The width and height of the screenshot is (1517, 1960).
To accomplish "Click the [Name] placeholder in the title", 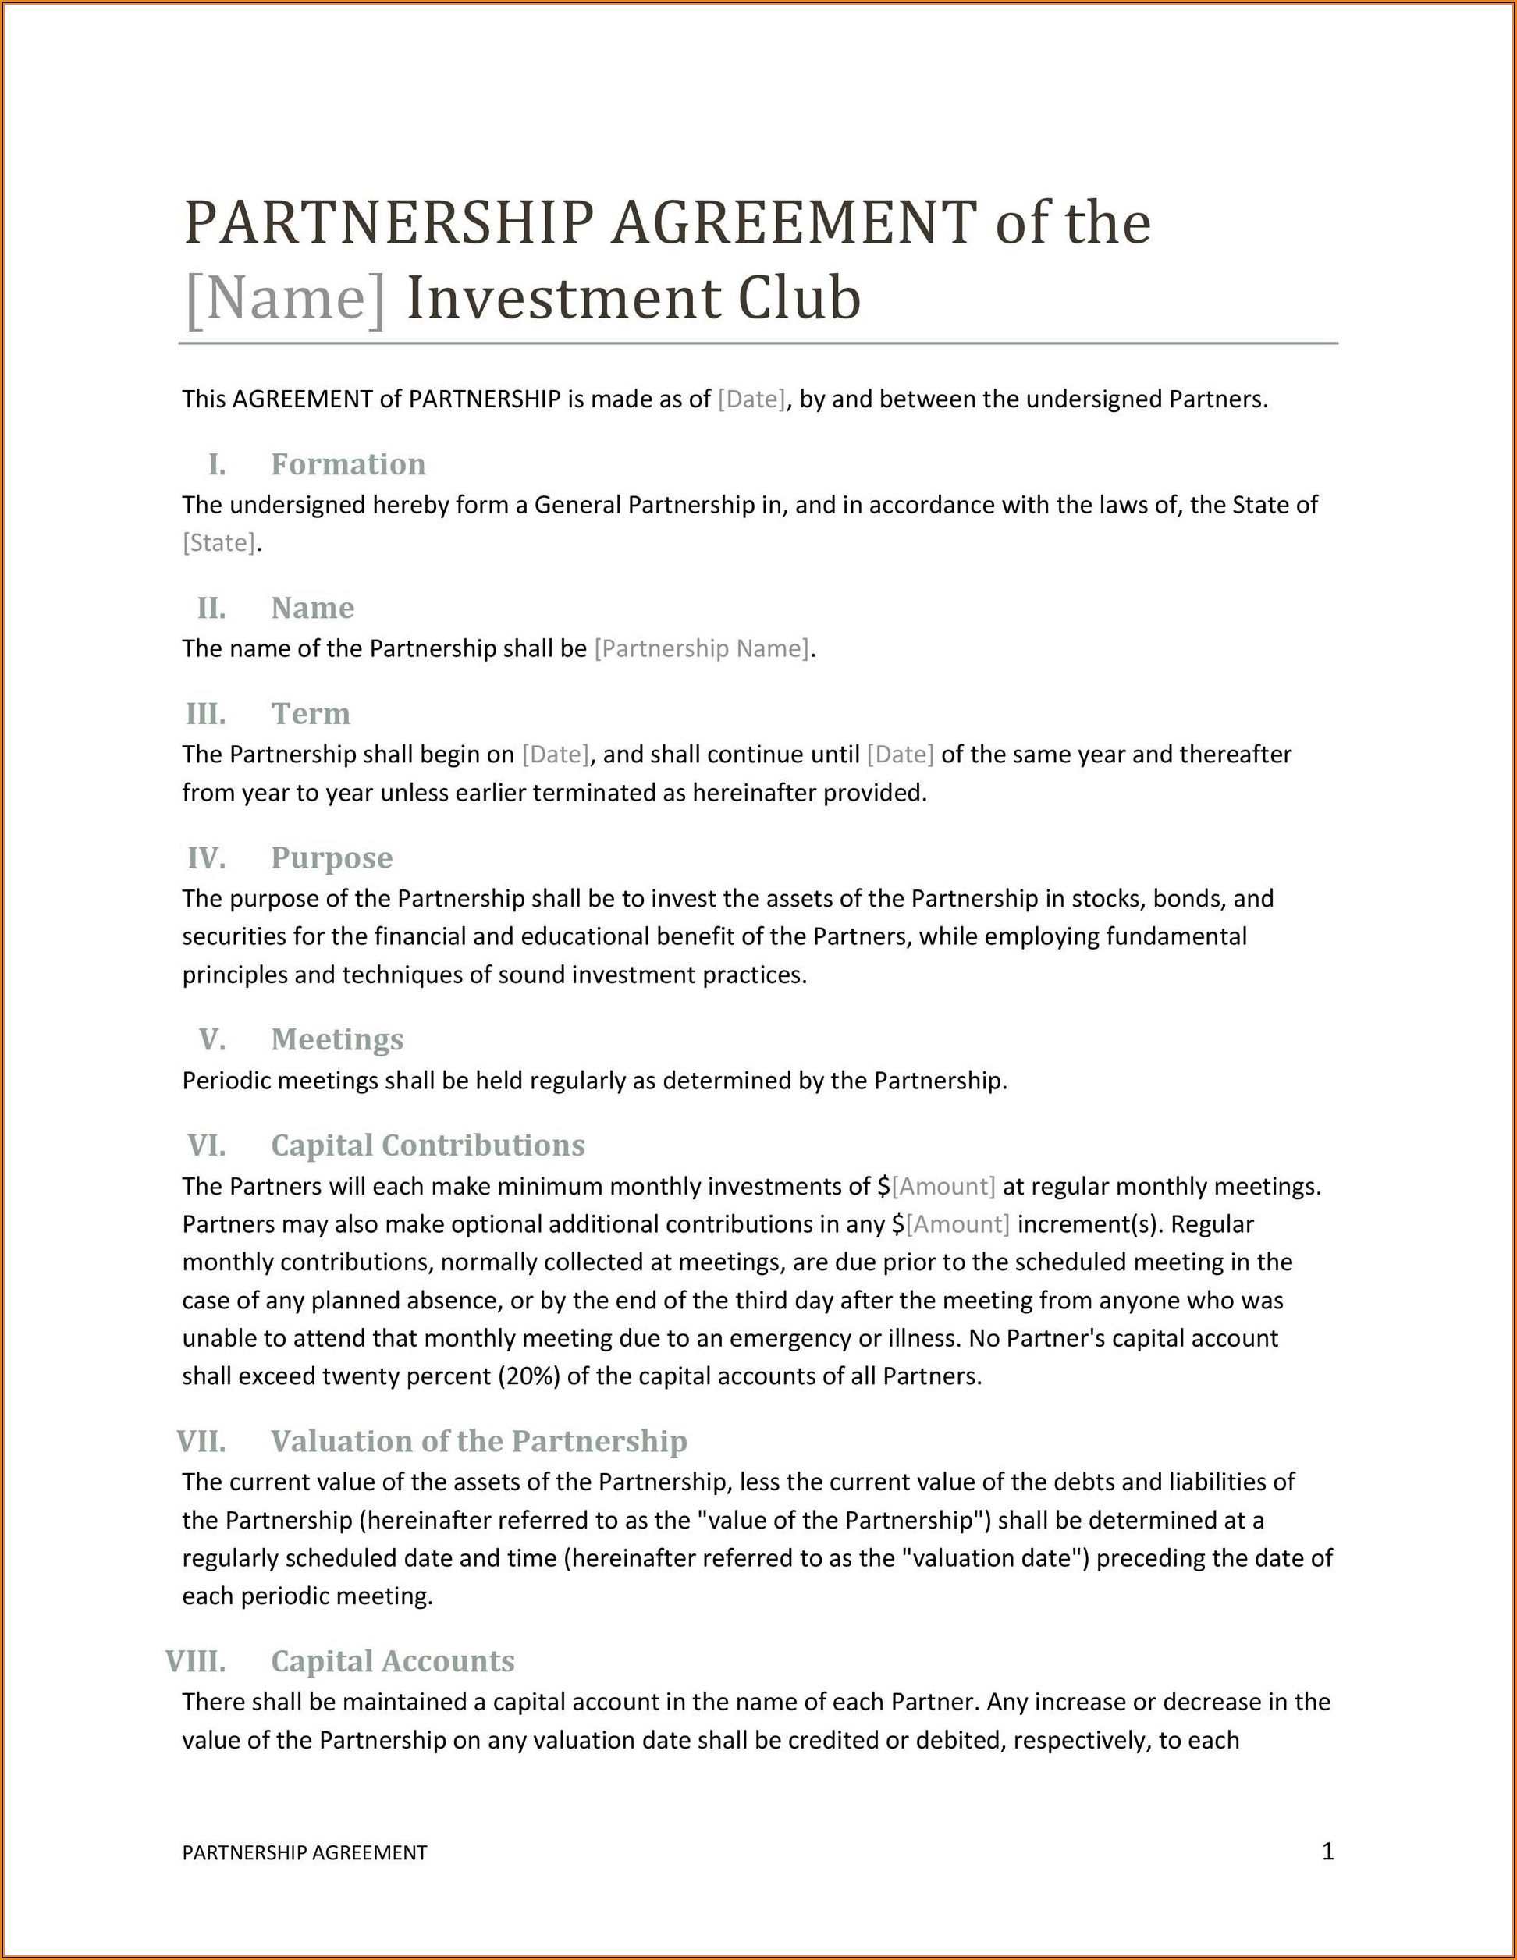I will tap(285, 299).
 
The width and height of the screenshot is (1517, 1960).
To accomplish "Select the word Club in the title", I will tap(799, 298).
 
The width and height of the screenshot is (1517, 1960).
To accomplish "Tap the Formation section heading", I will tap(348, 464).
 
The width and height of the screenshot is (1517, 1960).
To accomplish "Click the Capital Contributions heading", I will tap(428, 1145).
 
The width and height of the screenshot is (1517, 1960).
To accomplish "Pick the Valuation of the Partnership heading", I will tap(478, 1441).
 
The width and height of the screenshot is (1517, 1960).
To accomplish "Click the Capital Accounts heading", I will tap(393, 1661).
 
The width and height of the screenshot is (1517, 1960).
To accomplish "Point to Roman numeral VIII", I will tap(196, 1661).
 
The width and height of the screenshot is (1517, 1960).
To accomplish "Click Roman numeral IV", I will tap(207, 858).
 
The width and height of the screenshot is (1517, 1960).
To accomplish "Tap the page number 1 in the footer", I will tap(1327, 1852).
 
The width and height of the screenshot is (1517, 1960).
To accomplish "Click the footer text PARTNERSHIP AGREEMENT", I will tap(304, 1853).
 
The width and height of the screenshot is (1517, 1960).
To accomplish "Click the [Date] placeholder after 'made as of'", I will tap(751, 399).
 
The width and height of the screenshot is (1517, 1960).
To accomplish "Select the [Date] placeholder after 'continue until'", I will tap(900, 755).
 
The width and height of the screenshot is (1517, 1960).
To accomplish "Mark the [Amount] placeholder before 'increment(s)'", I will tap(957, 1224).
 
